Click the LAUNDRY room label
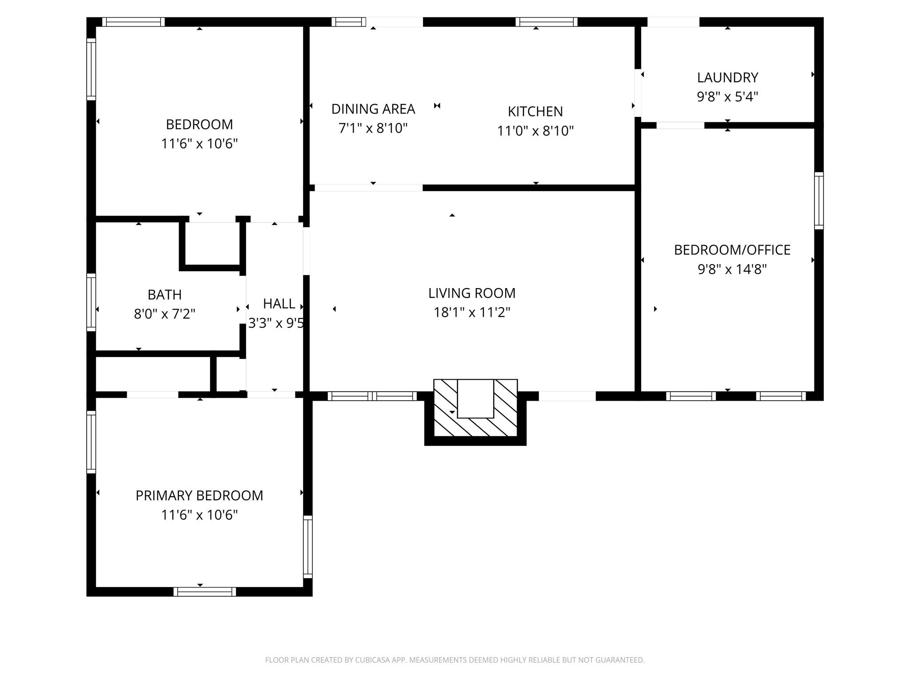tap(727, 77)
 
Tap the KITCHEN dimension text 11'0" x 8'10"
tap(535, 131)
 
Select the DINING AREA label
tap(373, 109)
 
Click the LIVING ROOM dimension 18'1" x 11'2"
tap(471, 313)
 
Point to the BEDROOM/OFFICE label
tap(732, 250)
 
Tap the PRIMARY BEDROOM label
tap(199, 495)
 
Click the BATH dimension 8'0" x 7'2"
tap(164, 314)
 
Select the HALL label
tap(279, 304)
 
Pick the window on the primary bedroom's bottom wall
tap(204, 591)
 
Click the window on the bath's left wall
tap(91, 302)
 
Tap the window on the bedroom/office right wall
tap(818, 201)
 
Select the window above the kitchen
tap(546, 22)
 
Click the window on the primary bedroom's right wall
tap(307, 546)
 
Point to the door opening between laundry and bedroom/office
tap(680, 125)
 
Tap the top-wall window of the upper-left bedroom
tap(133, 22)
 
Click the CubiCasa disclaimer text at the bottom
tap(455, 660)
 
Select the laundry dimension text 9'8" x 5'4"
tap(727, 96)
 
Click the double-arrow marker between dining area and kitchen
tap(437, 105)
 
